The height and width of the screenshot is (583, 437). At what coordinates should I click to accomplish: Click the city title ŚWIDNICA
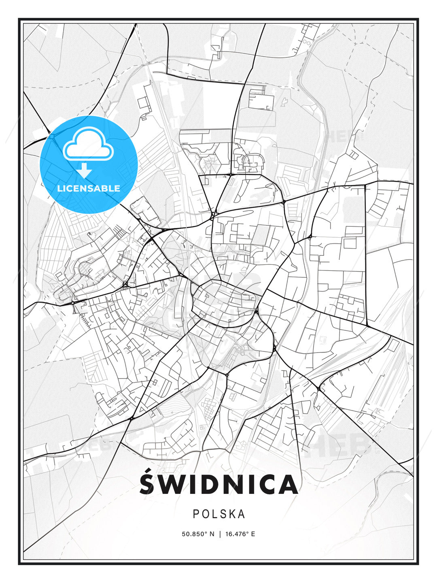coord(218,485)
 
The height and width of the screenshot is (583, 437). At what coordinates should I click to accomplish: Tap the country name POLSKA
coord(219,514)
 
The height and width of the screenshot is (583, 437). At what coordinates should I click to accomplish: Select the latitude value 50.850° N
coord(198,534)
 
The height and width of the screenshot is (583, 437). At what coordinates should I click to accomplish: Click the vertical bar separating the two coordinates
coord(220,534)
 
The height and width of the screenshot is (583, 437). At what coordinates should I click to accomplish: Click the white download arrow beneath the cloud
coord(84,170)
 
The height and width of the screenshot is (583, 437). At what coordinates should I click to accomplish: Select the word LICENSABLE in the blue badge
coord(89,188)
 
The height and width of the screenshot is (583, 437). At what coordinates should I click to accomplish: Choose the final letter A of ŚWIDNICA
coord(288,485)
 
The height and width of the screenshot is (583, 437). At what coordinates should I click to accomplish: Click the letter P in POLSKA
coord(196,514)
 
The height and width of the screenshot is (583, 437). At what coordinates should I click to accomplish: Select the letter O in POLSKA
coord(205,514)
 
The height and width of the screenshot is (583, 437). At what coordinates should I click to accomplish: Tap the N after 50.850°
coord(212,534)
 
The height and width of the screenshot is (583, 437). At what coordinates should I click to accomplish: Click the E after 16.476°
coord(253,534)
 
